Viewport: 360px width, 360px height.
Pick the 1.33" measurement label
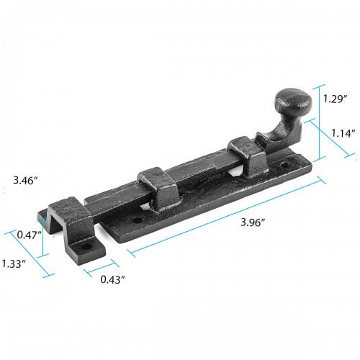[14, 264]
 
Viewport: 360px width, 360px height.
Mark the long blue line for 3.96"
[223, 217]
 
